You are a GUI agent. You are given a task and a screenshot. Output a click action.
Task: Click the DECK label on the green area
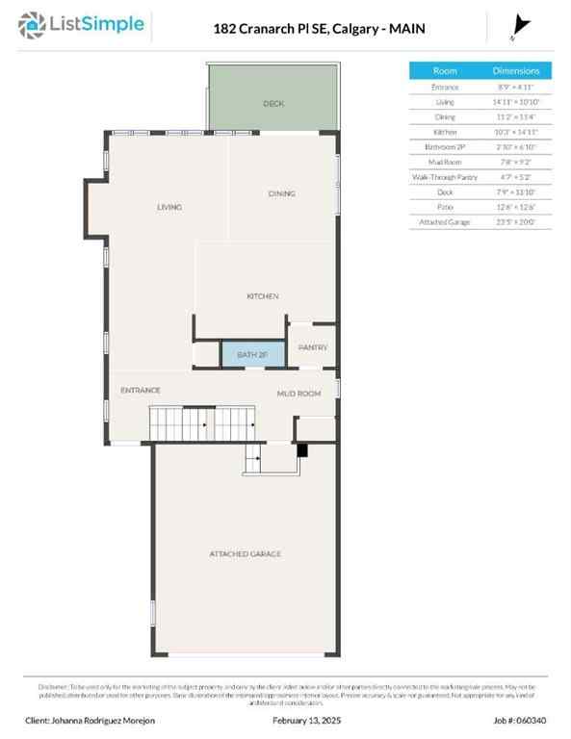tap(274, 103)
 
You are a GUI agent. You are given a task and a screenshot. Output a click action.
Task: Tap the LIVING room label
tap(169, 207)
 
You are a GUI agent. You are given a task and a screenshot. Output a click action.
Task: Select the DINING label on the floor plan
tap(281, 193)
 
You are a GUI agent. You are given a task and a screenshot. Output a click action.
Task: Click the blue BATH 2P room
tap(253, 355)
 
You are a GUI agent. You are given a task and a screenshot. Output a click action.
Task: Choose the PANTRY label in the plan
tap(313, 347)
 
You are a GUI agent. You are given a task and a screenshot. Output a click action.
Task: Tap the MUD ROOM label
tap(298, 394)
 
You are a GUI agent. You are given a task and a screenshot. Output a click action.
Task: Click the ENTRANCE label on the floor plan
tap(140, 390)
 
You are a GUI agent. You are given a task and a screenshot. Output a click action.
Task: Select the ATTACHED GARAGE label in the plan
tap(246, 554)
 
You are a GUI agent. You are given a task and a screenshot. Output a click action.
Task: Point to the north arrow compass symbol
tap(522, 26)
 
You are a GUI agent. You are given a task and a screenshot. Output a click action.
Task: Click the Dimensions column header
tap(516, 70)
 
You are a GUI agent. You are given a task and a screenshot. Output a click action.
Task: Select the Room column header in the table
tap(445, 70)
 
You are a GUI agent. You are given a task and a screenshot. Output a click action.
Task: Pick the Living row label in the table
tap(445, 102)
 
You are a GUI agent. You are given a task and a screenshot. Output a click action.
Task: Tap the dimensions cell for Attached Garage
tap(516, 221)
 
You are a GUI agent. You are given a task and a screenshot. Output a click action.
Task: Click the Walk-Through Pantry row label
tap(445, 177)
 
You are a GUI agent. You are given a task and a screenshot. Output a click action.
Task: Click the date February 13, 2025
tap(305, 720)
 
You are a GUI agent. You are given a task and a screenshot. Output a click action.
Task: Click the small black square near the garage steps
tap(301, 449)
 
